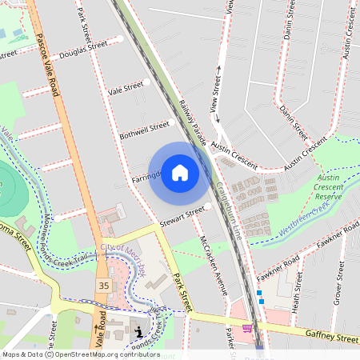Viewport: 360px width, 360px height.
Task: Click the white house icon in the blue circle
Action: [x=180, y=173]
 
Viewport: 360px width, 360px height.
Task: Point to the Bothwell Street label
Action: [x=144, y=129]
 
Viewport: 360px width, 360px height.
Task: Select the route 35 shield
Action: [x=104, y=286]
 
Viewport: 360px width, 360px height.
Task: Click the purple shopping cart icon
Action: [x=248, y=328]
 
